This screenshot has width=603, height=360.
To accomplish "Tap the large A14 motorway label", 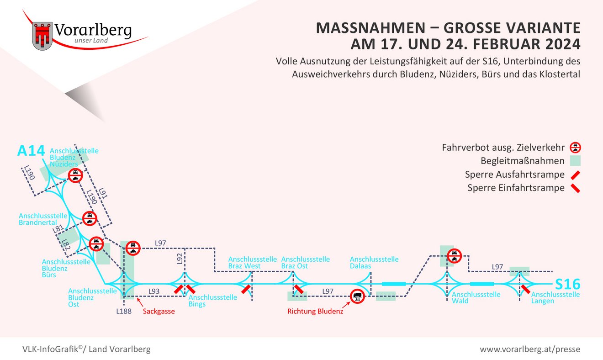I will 31,151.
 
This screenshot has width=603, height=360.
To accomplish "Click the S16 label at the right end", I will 567,284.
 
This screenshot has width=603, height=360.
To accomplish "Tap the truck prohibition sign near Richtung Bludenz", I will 357,296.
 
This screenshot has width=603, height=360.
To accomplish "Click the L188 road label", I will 123,312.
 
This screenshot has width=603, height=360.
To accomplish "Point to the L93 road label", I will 154,291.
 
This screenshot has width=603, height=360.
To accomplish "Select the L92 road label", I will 180,259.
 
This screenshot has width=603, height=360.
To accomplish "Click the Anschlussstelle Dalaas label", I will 374,262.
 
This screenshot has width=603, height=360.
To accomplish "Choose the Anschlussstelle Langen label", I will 555,297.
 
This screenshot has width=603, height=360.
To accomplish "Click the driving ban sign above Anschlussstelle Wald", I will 454,255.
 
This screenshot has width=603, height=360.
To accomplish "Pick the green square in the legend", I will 575,161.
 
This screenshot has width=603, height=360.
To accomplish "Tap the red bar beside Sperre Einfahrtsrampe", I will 575,188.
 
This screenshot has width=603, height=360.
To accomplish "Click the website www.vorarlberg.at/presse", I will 529,349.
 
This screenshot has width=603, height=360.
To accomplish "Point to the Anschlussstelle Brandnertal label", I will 43,219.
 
